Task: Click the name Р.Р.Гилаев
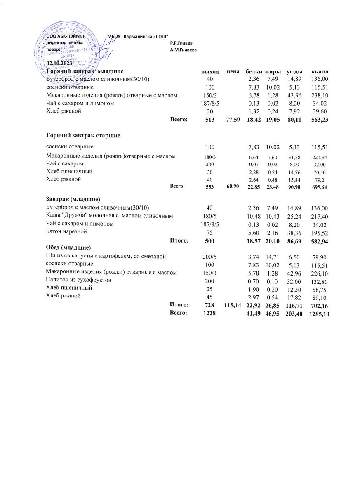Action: (x=181, y=43)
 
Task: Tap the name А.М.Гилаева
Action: (x=183, y=49)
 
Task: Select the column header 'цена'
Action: (x=233, y=72)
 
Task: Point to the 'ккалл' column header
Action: (x=320, y=72)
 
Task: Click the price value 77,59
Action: (x=233, y=120)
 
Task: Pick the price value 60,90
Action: (x=233, y=186)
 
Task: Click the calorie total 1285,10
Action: (x=320, y=313)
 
